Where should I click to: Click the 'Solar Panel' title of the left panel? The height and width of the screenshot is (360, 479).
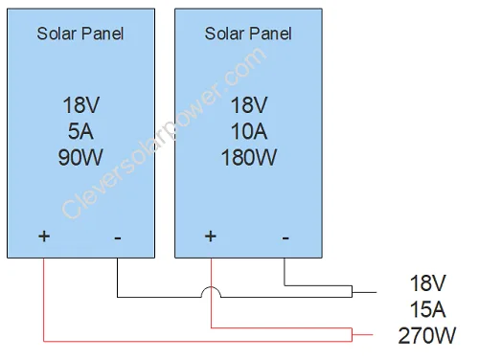point(80,34)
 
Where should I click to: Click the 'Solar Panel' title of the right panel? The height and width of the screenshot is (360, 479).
point(248,34)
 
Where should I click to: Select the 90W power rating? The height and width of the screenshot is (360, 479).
point(80,156)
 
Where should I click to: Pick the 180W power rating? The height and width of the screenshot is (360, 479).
point(248,156)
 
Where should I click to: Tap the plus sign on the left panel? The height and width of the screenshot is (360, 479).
point(44,236)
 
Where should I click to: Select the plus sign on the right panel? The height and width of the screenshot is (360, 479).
point(211,236)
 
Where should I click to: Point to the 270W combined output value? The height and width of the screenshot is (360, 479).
point(427,336)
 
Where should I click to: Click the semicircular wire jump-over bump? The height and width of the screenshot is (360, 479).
point(211,292)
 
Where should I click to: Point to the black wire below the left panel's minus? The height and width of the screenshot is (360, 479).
point(117,278)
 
